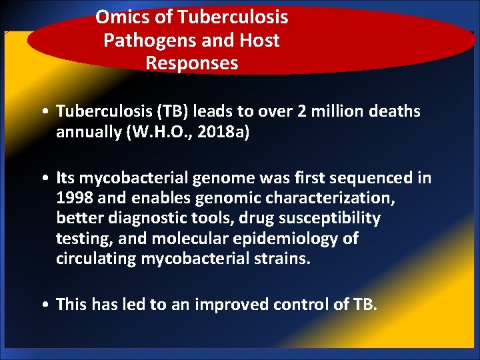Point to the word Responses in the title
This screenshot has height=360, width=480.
click(191, 63)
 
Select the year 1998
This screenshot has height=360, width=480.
click(73, 199)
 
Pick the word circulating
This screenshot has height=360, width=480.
click(96, 259)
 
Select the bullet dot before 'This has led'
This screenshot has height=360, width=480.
click(43, 305)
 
